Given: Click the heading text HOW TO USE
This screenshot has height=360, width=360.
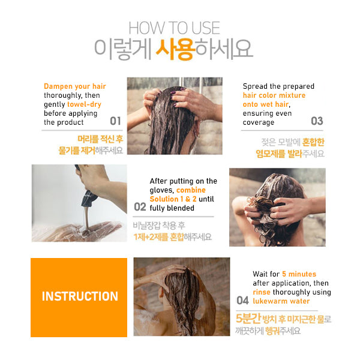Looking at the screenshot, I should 174,28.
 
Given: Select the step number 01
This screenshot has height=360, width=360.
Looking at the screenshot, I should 115,121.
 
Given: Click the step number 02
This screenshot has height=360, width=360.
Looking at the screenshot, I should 140,207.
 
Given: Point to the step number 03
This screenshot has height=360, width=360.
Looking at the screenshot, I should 316,121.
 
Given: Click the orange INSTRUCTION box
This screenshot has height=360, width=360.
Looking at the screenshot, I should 79,296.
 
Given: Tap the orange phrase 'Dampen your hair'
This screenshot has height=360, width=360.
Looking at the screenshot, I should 75,86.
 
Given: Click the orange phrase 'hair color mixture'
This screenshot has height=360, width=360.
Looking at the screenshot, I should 274,95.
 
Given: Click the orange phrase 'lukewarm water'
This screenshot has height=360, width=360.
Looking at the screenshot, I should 281,301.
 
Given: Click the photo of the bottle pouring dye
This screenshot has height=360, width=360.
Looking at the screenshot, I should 79,203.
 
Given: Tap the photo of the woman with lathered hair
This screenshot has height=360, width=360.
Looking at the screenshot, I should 277,207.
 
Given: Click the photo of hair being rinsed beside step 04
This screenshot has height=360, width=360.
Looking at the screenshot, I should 181,297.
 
